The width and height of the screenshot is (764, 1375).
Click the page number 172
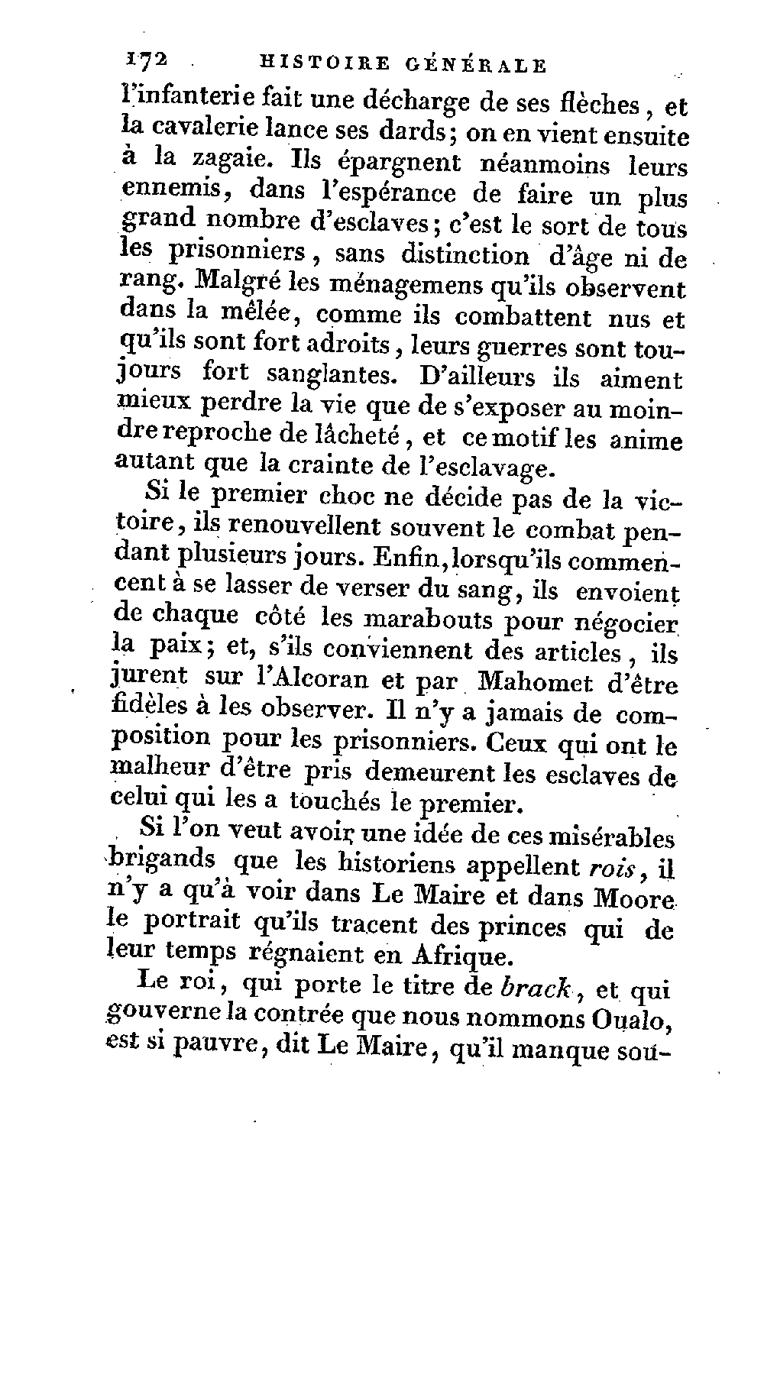[144, 63]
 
